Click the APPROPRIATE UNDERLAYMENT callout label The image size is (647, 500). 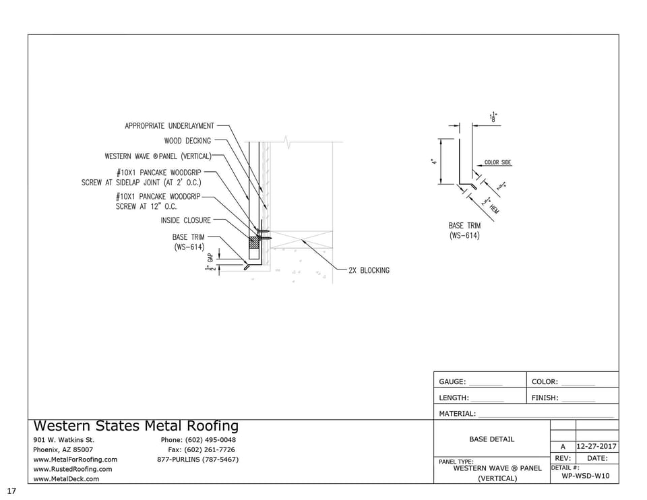point(169,126)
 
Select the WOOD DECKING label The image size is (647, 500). point(187,141)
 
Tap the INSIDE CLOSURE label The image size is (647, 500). point(185,220)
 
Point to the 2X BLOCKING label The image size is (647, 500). point(369,270)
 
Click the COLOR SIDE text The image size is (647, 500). point(497,162)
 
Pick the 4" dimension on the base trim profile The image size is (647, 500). point(435,162)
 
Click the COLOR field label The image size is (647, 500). point(545,382)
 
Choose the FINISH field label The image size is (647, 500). point(545,398)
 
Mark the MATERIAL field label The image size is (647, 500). point(458,414)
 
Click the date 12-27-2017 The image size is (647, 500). point(596,446)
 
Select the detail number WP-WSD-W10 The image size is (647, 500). point(585,476)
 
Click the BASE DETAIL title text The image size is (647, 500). point(491,439)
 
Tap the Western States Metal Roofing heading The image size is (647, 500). point(135,426)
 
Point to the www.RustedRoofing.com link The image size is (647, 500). point(73,469)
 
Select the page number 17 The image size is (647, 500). point(11,491)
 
